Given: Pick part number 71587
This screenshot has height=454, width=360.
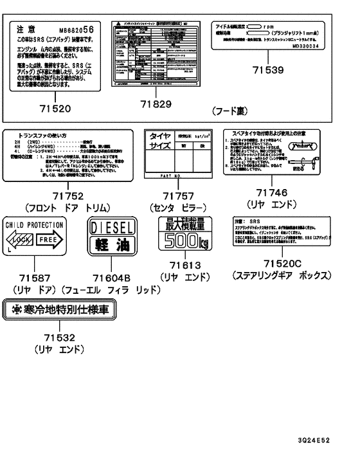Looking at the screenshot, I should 35,277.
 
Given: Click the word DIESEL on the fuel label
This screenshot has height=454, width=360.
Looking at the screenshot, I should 112,228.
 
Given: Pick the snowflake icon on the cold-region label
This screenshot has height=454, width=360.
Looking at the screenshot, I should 12,310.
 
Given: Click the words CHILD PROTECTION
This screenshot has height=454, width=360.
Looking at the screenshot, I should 35,224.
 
